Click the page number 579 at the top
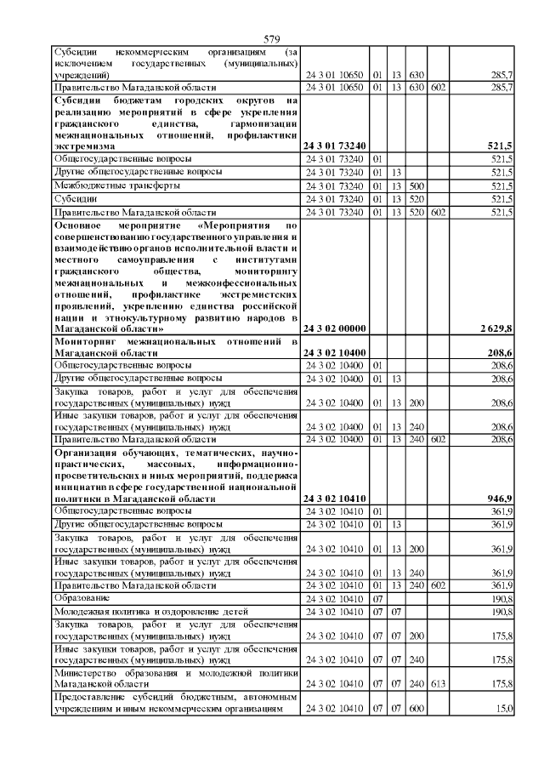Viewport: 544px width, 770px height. (x=272, y=39)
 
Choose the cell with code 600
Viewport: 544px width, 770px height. (x=416, y=709)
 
